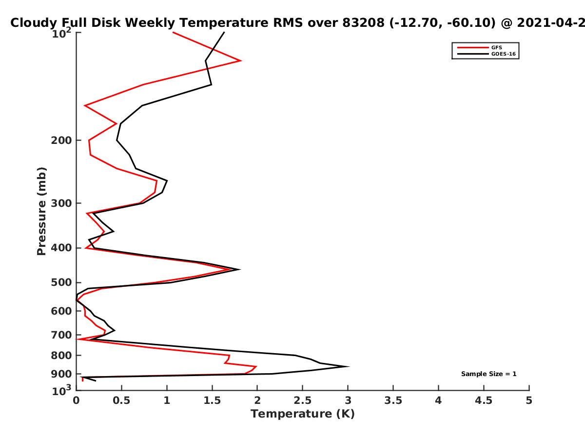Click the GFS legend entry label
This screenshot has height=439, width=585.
(x=497, y=48)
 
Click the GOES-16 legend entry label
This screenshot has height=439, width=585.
(x=504, y=54)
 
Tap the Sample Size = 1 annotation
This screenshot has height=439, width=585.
(x=489, y=374)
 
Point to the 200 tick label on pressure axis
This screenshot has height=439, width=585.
(x=61, y=140)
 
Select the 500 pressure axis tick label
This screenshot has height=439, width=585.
(x=61, y=282)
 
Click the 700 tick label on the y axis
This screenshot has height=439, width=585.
(x=61, y=335)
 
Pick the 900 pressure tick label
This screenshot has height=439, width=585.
(x=61, y=374)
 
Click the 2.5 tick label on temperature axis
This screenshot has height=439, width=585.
(x=303, y=400)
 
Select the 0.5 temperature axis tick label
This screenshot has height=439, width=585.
(x=121, y=400)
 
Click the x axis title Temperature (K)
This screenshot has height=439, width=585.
(x=303, y=414)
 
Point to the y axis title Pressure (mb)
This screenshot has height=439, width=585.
(x=41, y=211)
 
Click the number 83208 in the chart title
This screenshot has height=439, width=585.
(x=364, y=23)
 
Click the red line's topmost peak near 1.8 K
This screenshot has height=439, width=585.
(x=241, y=60)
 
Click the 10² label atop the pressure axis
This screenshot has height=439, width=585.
(x=61, y=33)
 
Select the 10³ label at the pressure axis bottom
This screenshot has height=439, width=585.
(x=61, y=390)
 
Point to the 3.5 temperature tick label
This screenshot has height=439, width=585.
(x=393, y=400)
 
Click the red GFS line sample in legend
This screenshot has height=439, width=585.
(x=473, y=48)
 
